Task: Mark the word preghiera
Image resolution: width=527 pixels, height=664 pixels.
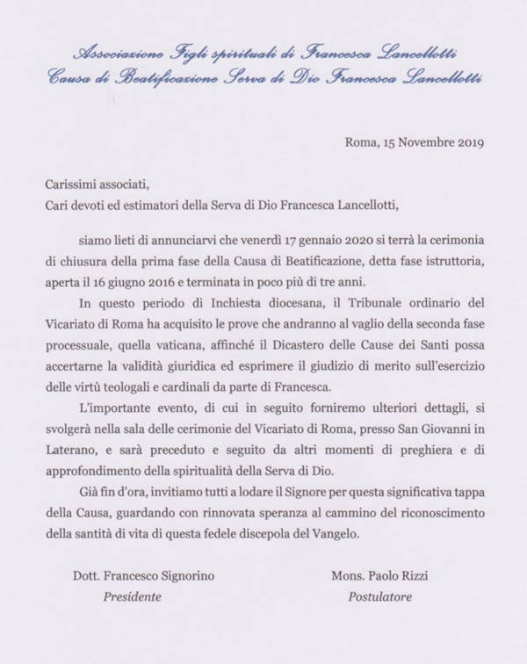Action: pos(417,476)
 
